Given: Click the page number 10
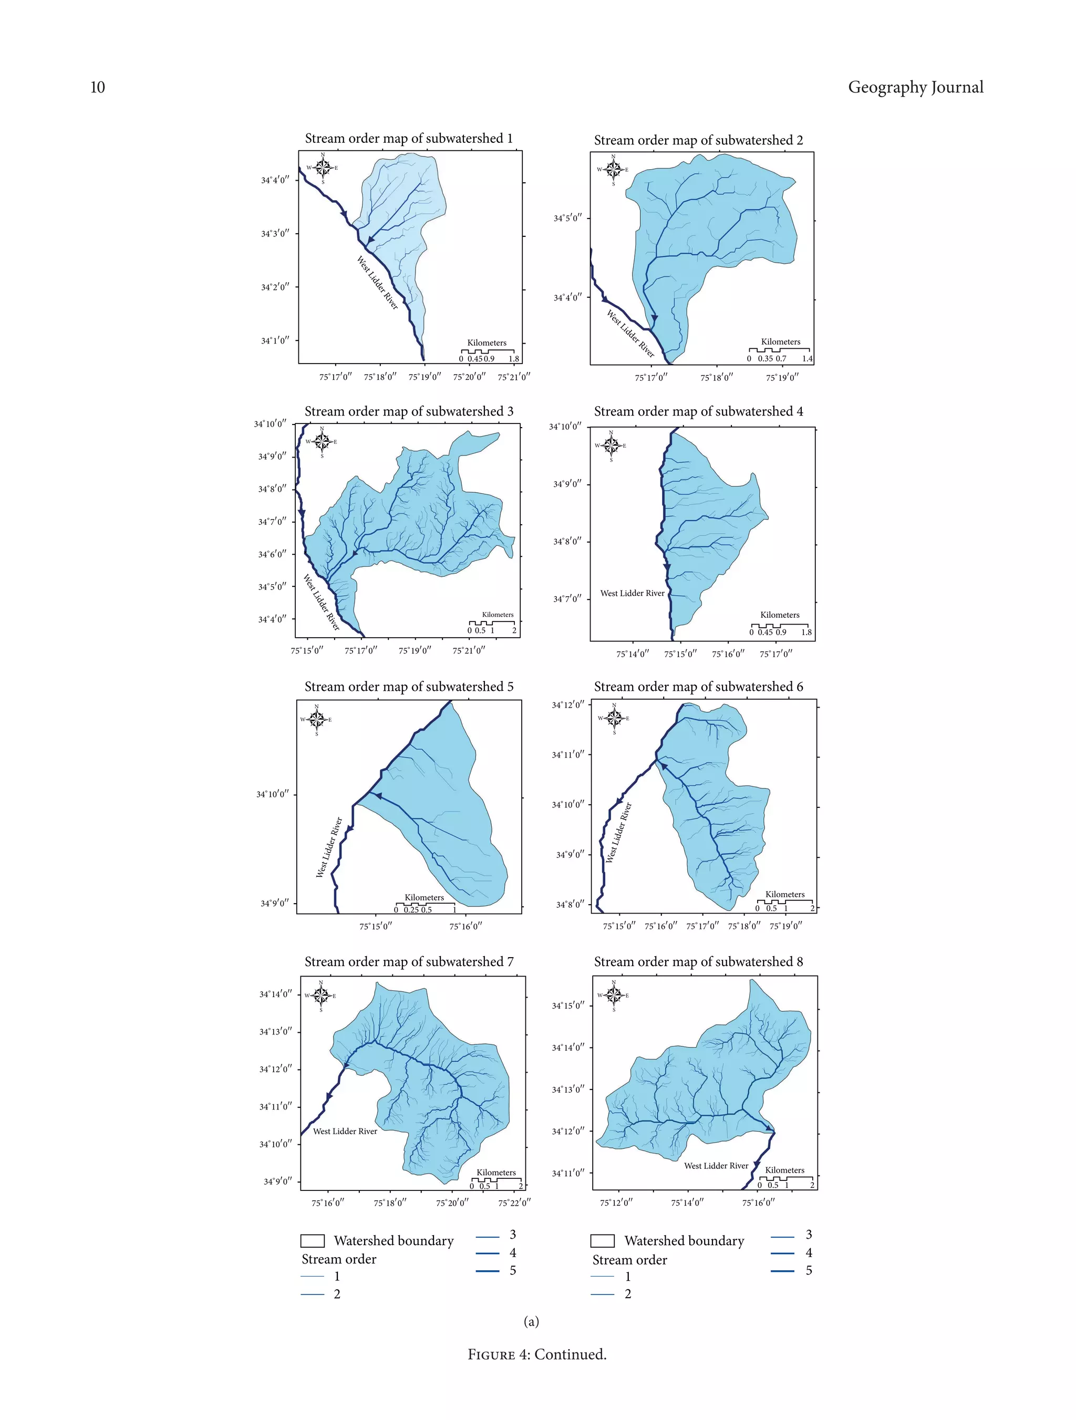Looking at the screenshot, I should pos(98,87).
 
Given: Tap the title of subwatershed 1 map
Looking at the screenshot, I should pos(408,138).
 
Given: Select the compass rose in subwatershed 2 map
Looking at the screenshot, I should pos(613,170).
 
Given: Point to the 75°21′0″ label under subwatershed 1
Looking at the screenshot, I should pos(514,377).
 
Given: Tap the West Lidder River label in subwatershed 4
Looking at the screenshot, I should pos(633,593).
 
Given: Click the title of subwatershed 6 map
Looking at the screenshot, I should pos(698,686).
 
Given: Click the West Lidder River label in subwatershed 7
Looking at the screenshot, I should pos(345,1131).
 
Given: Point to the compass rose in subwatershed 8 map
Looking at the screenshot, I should pos(614,995).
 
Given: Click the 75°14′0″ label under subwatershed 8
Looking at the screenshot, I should pos(687,1203).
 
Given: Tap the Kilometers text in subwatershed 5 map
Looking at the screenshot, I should pos(423,897).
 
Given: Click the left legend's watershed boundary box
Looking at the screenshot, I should pos(313,1240).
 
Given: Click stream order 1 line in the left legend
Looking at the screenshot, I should pos(313,1276).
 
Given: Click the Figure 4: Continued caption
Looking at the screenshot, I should pos(537,1354).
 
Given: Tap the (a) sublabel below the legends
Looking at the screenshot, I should pos(531,1321).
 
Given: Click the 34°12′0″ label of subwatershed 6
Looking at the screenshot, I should pos(568,705).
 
